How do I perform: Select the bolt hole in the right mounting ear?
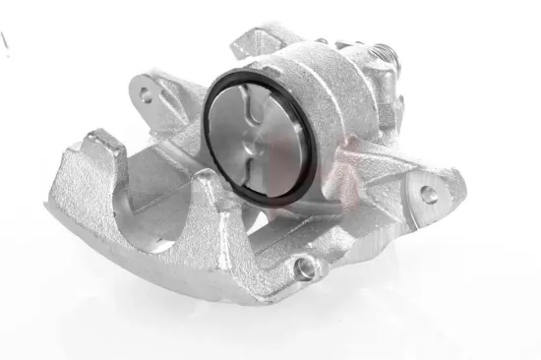[429, 195]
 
